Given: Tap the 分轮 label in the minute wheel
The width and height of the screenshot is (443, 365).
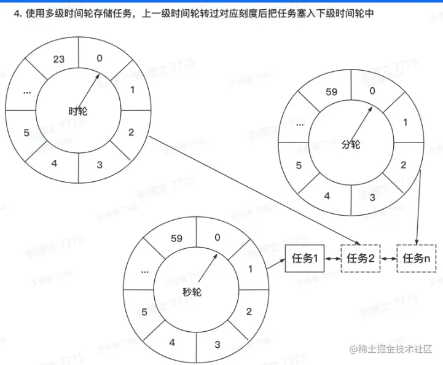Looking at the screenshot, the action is tap(350, 144).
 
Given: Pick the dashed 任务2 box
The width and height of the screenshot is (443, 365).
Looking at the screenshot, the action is tap(361, 259).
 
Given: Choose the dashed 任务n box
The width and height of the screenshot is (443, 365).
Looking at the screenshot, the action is tap(417, 259).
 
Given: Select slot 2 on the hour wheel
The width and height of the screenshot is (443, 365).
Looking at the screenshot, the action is tap(131, 131).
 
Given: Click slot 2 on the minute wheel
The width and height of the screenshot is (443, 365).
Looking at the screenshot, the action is tap(404, 165).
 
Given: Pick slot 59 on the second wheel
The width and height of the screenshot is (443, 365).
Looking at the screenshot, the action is tap(176, 238).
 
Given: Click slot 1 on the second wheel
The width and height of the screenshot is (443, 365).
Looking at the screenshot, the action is tap(249, 269).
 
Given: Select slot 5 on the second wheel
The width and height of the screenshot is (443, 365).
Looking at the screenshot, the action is tap(144, 312).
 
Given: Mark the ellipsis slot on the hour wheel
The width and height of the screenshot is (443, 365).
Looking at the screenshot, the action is tap(27, 92).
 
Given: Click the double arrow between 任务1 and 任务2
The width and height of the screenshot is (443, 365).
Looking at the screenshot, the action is tap(332, 259).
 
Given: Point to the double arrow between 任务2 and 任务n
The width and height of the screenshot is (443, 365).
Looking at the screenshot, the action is tap(389, 259).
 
